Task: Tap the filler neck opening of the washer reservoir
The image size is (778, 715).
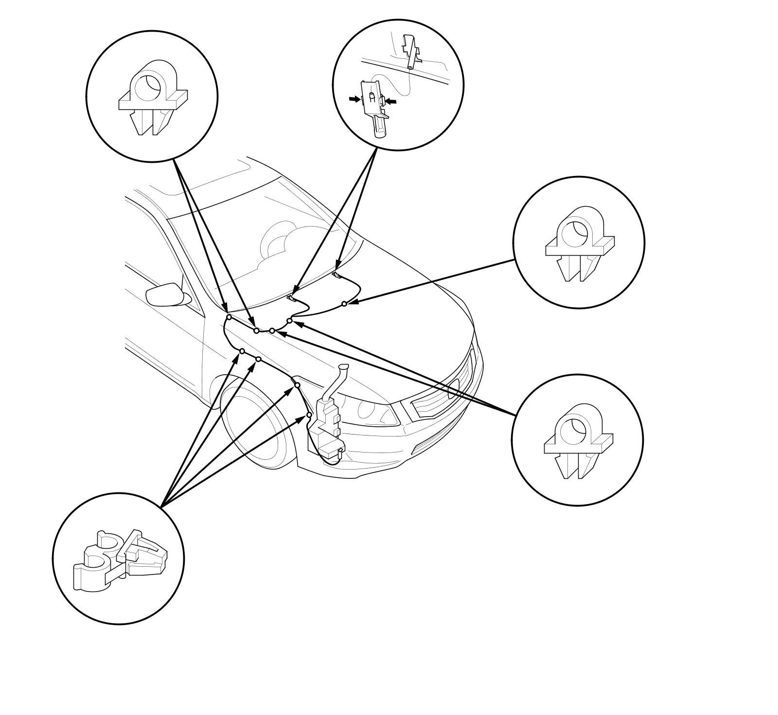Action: (x=344, y=367)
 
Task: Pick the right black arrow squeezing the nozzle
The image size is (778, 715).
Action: (x=391, y=101)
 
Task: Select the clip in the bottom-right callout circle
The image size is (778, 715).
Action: (x=578, y=440)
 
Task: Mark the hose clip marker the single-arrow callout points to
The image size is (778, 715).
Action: (x=344, y=304)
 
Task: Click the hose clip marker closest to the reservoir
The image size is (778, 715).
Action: (x=309, y=415)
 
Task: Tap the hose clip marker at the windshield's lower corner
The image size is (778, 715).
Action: (x=229, y=317)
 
